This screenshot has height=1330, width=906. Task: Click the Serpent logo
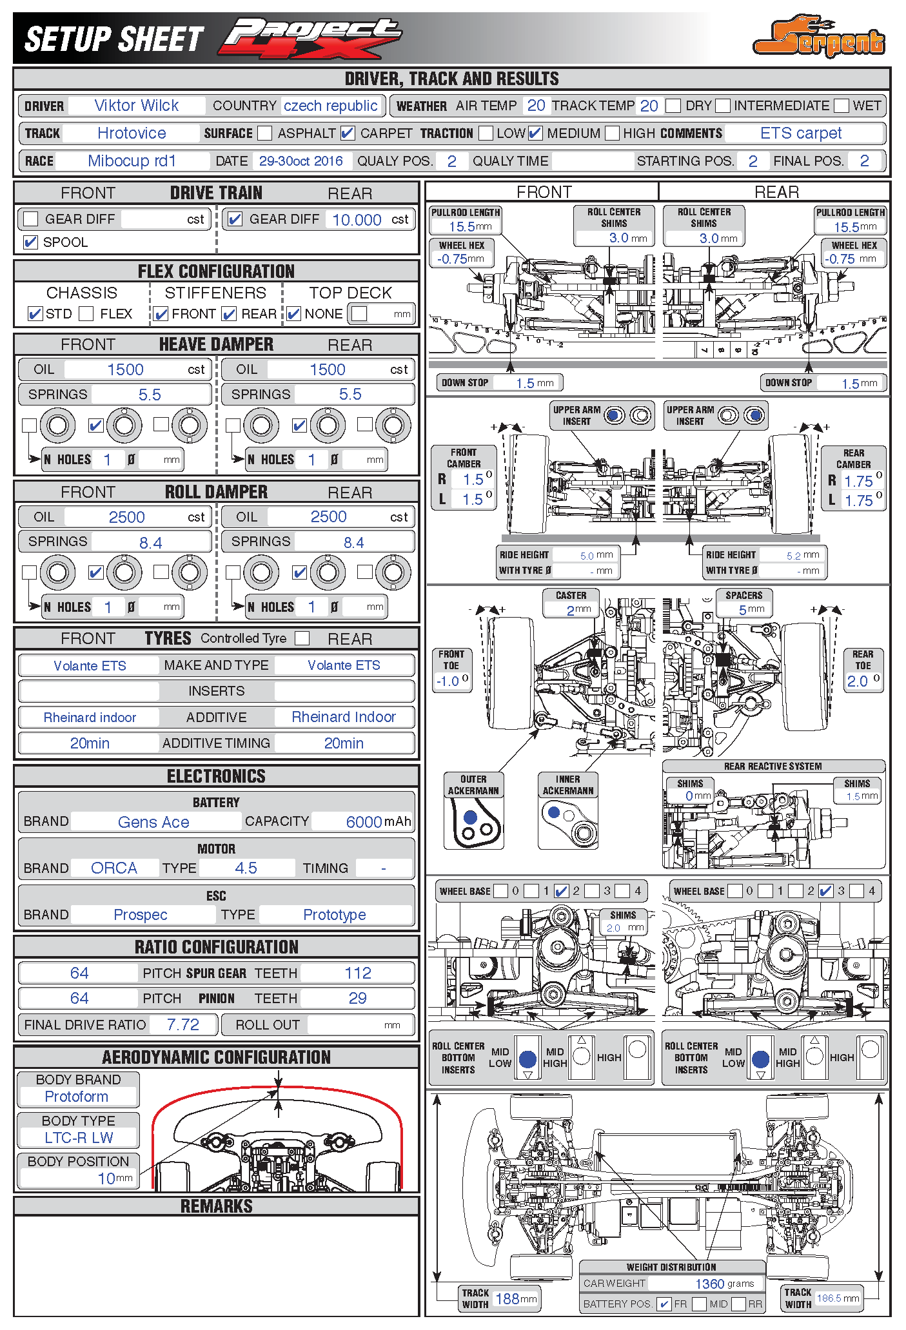click(x=819, y=37)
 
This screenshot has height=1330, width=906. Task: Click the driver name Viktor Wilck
click(x=137, y=106)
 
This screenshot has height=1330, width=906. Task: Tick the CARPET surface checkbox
click(x=348, y=133)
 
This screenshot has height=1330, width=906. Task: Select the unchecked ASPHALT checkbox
click(x=264, y=133)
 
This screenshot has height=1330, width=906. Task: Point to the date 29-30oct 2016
click(x=301, y=161)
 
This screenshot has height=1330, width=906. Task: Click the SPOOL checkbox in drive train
click(x=30, y=242)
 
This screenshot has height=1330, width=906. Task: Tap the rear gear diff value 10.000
click(x=357, y=220)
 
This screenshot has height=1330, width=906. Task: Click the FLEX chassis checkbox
click(x=86, y=314)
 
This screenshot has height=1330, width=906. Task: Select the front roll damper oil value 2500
click(x=126, y=517)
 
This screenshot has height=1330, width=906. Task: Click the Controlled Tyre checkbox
click(x=302, y=638)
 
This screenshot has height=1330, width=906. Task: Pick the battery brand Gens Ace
click(x=153, y=822)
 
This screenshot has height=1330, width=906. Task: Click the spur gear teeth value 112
click(x=358, y=973)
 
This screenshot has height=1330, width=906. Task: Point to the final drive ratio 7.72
click(x=183, y=1024)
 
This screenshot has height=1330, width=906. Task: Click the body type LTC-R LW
click(x=79, y=1138)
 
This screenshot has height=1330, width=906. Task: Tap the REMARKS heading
click(x=216, y=1206)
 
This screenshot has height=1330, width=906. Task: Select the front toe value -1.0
click(x=448, y=681)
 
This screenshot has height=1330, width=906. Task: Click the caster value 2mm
click(x=578, y=610)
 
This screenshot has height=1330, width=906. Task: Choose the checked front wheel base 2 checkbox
click(x=561, y=892)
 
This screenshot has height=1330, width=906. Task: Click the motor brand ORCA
click(x=114, y=868)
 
